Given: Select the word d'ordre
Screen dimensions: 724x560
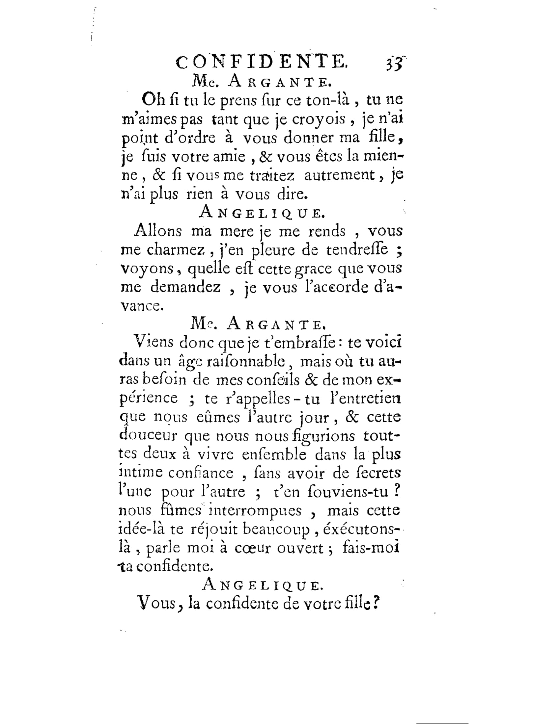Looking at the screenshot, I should coord(190,138).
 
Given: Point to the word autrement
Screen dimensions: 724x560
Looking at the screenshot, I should coord(339,175).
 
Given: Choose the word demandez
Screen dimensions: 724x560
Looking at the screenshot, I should coord(185,287).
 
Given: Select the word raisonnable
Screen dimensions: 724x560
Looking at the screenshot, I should coord(245,361).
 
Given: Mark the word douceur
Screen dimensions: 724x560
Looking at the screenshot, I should coord(148,436).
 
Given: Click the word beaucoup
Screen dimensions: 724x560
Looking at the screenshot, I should coord(276,530).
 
